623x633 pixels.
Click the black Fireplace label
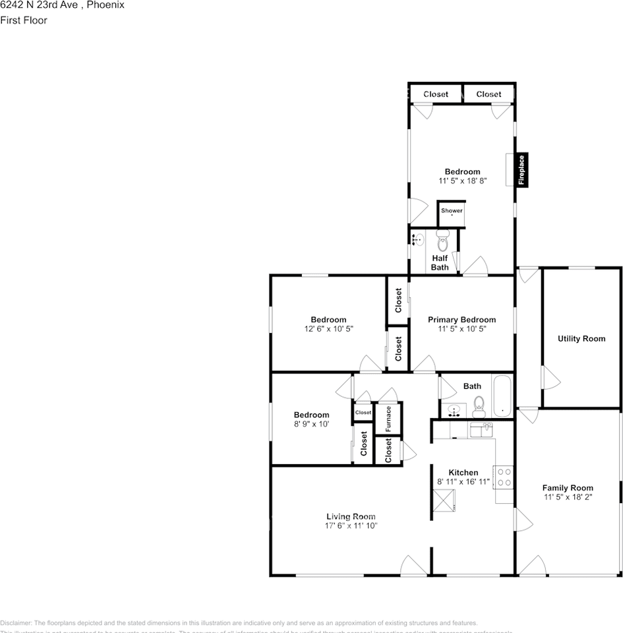(521, 170)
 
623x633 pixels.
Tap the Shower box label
(452, 211)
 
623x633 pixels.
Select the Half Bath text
(440, 262)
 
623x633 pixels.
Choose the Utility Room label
(581, 339)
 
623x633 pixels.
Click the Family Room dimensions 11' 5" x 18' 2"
(568, 497)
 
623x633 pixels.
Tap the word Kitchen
(463, 473)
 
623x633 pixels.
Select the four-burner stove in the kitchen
(504, 477)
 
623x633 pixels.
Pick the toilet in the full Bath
(479, 404)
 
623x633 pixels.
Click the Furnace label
(388, 419)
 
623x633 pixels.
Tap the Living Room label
(351, 516)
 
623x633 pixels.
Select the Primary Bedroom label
(461, 320)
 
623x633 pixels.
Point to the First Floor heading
(24, 20)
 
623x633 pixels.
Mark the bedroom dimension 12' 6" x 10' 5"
(328, 328)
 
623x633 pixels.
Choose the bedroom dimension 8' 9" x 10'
(311, 424)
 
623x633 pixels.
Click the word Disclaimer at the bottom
(16, 622)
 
